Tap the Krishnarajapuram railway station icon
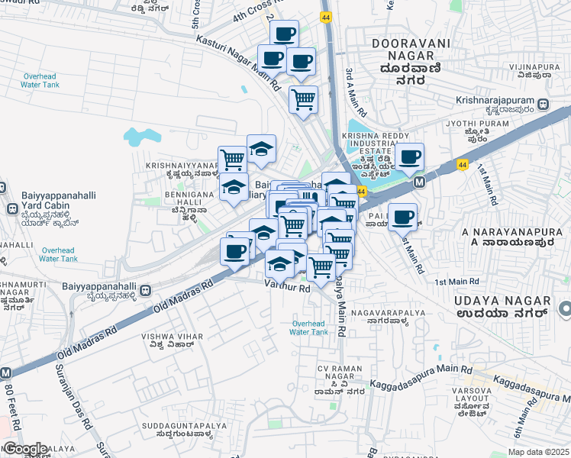pos(542,104)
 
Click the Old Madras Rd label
pos(182,299)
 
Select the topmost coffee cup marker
pos(285,34)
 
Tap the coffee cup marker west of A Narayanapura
pos(402,218)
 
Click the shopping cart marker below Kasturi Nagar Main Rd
pos(304,99)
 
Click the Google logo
pos(25,449)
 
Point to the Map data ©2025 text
pos(537,452)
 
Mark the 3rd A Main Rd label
pos(352,85)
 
